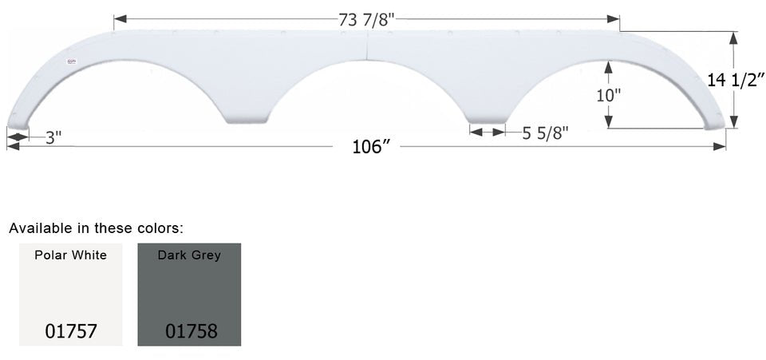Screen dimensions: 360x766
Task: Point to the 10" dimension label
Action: [608, 94]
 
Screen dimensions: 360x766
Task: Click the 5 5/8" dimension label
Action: [545, 133]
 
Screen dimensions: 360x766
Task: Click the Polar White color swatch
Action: [70, 294]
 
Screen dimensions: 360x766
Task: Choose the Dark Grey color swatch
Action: [189, 294]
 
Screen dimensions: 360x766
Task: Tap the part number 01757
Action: [70, 330]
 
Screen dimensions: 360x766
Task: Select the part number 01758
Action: [191, 330]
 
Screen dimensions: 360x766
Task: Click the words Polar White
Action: [70, 255]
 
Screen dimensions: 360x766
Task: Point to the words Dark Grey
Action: [190, 255]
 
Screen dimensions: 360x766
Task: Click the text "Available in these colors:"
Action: [96, 228]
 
